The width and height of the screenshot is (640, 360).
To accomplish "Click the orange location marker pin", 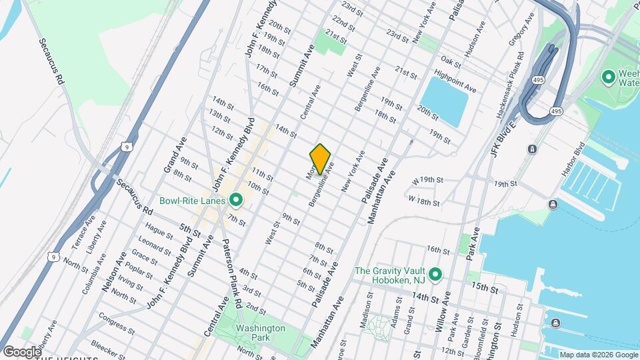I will click(x=320, y=159).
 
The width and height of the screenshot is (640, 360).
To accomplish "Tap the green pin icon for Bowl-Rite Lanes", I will click(x=235, y=200).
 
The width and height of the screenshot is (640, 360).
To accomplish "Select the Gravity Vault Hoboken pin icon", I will click(x=435, y=275).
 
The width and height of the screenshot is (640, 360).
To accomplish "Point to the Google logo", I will click(x=21, y=351).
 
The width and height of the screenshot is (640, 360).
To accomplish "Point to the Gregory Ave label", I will click(x=522, y=29).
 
